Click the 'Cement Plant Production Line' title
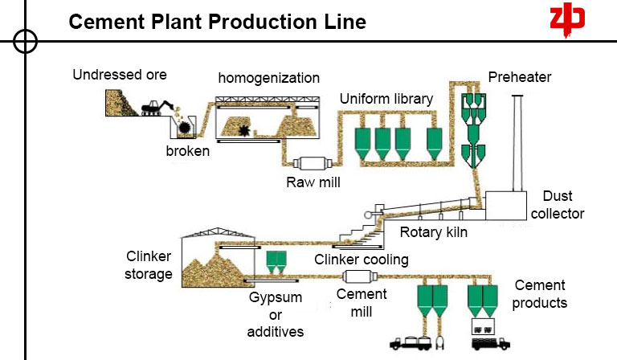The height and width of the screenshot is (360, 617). [x=217, y=22]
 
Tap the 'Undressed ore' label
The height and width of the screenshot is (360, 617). [x=120, y=76]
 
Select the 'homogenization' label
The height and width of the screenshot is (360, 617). [x=269, y=79]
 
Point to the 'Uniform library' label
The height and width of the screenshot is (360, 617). [x=386, y=99]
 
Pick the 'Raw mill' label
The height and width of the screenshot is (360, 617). [x=313, y=182]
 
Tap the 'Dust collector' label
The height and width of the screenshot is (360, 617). [x=562, y=205]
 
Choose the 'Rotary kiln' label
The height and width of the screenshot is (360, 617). [x=434, y=234]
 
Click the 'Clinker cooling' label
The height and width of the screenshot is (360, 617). [x=362, y=260]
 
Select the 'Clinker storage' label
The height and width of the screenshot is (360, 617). [x=149, y=265]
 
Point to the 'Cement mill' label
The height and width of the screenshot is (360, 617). [x=356, y=302]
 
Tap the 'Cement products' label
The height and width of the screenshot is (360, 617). [x=540, y=294]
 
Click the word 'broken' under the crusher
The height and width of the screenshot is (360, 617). [x=188, y=151]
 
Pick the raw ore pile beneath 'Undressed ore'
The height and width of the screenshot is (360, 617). [x=121, y=103]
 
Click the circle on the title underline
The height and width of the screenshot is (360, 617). [x=26, y=40]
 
